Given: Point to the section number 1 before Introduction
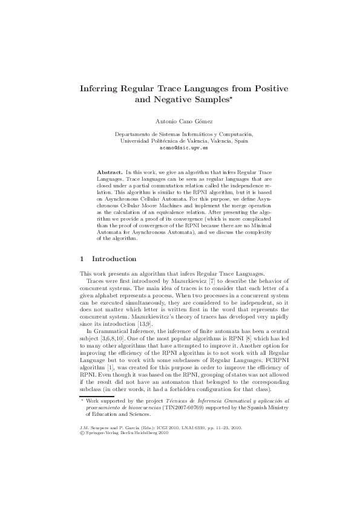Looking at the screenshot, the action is click(82, 259).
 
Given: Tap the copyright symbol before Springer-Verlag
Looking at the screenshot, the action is click(82, 432).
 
